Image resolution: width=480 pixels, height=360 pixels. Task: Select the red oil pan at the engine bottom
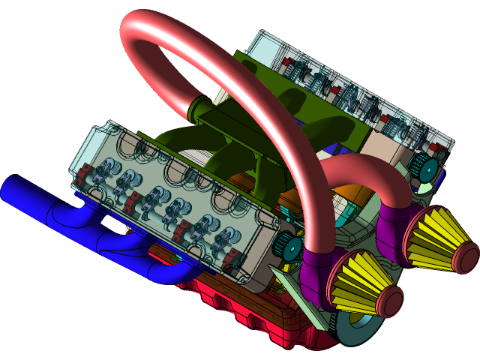tap(247, 322)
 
